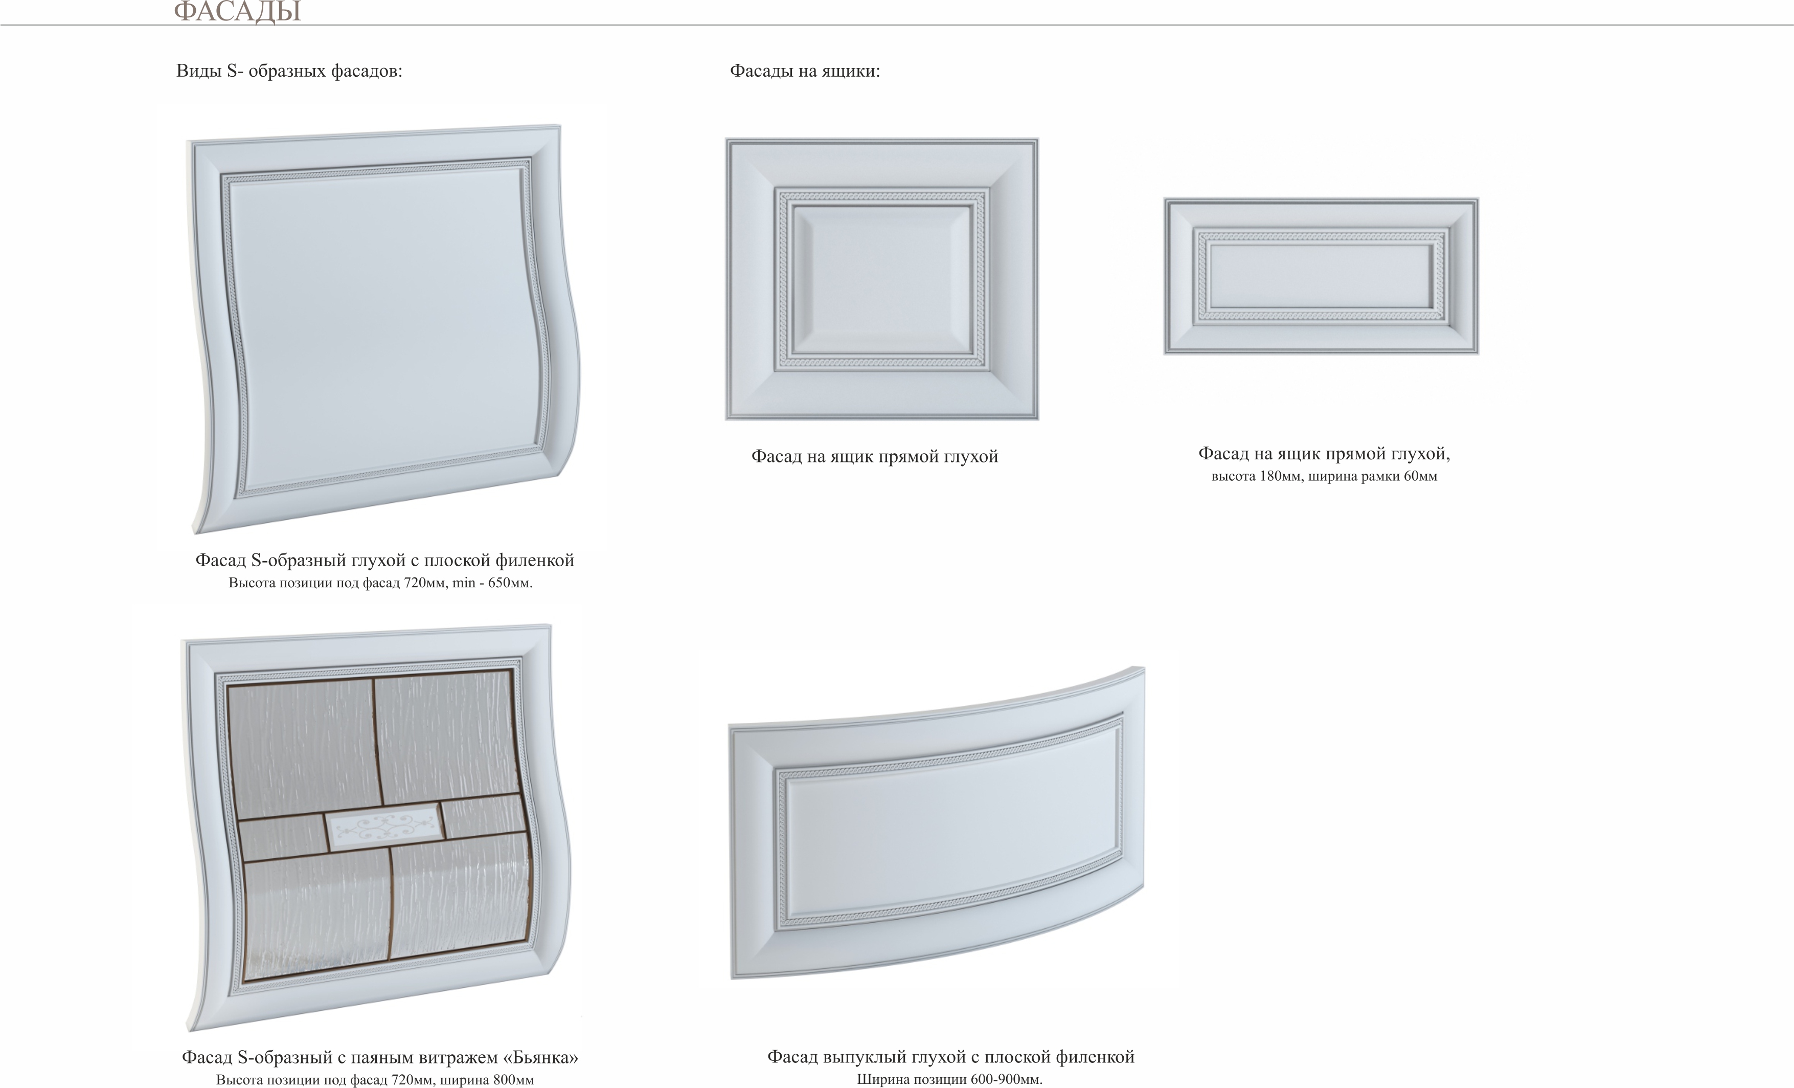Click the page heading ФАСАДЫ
click(x=237, y=11)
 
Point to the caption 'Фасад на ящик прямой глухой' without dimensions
click(x=874, y=457)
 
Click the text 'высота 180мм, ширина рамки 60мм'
click(x=1324, y=476)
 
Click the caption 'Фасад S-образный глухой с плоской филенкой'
click(x=384, y=560)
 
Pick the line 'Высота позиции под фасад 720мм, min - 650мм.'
click(x=380, y=583)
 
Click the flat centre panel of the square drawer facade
click(x=882, y=280)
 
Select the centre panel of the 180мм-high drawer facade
click(x=1321, y=275)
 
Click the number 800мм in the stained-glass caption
click(x=514, y=1079)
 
